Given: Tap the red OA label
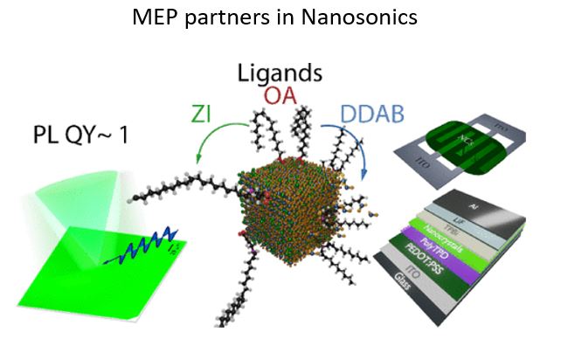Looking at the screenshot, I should coord(280,94).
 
